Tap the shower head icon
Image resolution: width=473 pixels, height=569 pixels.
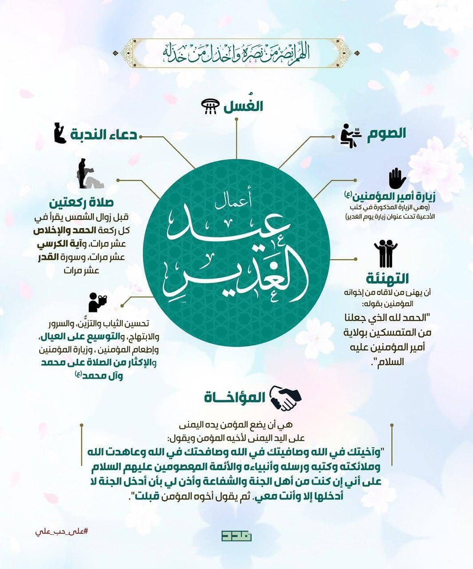click(210, 107)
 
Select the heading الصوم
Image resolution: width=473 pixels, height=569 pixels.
click(386, 134)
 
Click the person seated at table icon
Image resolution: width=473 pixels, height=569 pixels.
click(350, 136)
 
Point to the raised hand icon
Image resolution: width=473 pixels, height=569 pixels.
click(397, 179)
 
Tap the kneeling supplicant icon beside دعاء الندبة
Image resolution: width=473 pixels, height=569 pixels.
click(60, 133)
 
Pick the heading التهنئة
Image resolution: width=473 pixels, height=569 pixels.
click(388, 279)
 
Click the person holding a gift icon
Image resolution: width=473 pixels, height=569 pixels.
click(97, 303)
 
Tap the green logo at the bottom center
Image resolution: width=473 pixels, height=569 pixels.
click(236, 536)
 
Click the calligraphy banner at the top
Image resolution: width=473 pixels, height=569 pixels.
click(236, 53)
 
